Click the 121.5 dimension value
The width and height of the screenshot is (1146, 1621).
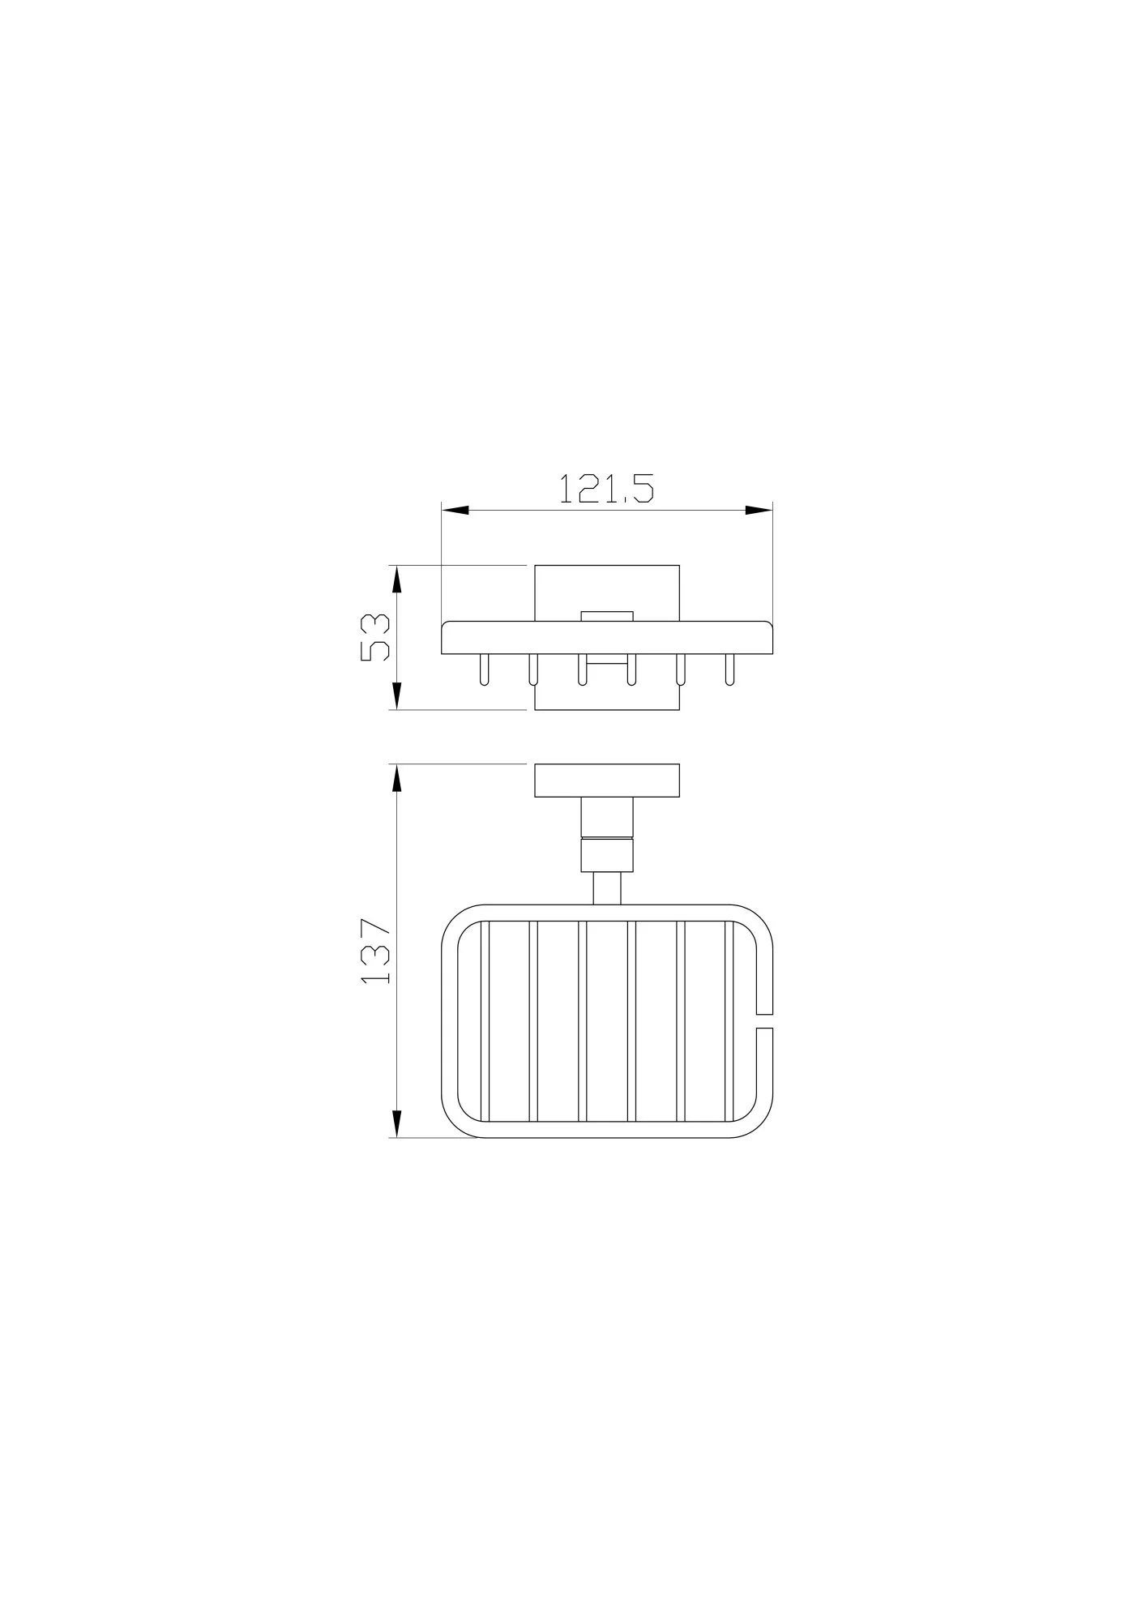(x=606, y=489)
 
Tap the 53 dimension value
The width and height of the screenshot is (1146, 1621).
(x=375, y=637)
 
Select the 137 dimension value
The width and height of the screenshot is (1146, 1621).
(x=376, y=951)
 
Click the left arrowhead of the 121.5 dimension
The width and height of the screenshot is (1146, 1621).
(x=455, y=511)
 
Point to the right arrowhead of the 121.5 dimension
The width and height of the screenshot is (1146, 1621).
(x=759, y=511)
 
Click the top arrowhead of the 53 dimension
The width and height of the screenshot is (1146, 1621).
(x=397, y=579)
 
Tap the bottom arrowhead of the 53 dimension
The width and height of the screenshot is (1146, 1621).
(x=397, y=695)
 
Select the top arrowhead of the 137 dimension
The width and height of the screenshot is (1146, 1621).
(x=397, y=778)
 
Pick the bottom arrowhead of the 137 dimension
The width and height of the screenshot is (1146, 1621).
(x=397, y=1123)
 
